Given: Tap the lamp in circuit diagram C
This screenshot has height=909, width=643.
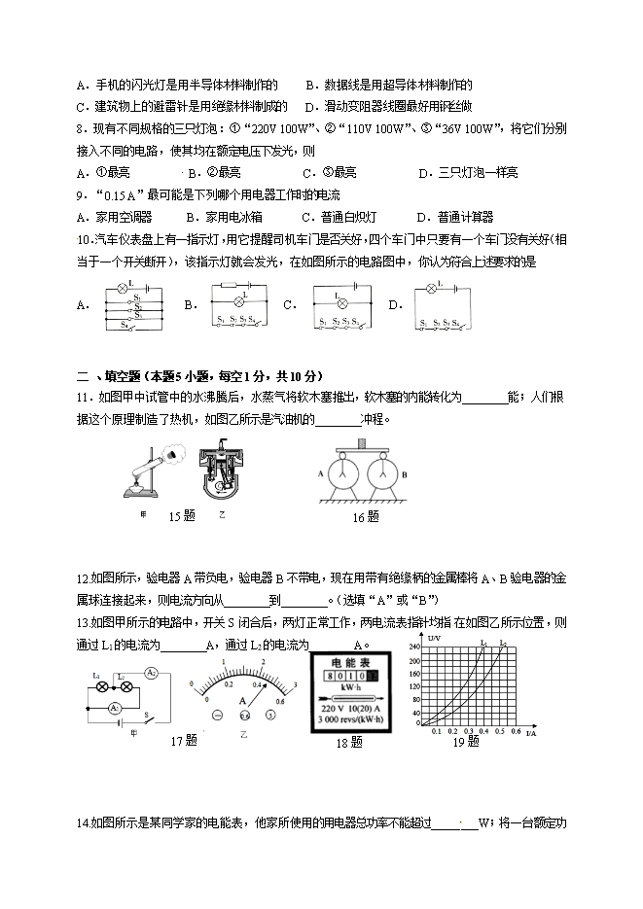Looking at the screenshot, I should point(338,297).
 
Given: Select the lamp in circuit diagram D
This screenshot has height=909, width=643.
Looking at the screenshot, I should point(430,289).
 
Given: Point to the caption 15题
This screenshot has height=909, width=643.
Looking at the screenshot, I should point(182,516).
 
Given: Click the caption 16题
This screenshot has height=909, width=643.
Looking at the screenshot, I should point(365,517).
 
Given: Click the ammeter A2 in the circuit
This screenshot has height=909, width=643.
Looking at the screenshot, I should point(152,674).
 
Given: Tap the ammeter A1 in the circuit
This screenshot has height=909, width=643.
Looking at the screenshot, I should point(113,708).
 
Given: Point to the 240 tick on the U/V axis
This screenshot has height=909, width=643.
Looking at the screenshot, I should point(412,647).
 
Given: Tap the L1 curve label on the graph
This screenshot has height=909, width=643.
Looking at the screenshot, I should point(483,644).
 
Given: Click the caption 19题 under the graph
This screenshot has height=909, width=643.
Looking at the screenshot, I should point(466,742).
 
